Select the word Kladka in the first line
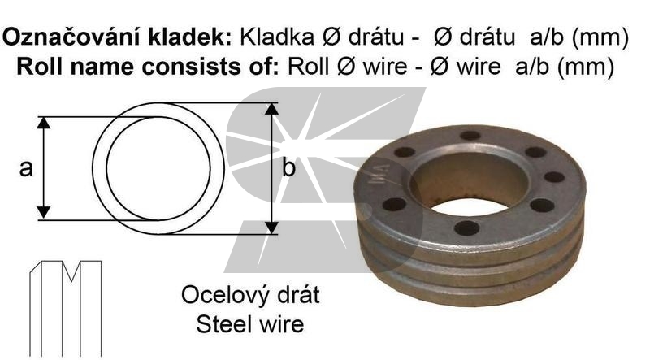coord(277,37)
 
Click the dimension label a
coord(26,169)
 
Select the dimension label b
coord(288,168)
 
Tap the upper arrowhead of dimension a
coord(44,123)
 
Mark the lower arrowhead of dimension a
coord(44,212)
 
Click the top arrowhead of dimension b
coord(271,109)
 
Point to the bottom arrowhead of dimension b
coord(271,228)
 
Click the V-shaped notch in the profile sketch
coord(71,271)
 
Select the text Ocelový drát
coord(250,295)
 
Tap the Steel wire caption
coord(250,324)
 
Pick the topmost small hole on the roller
coord(470,136)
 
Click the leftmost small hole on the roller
coord(394,204)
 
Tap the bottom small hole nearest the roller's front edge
coord(466,228)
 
